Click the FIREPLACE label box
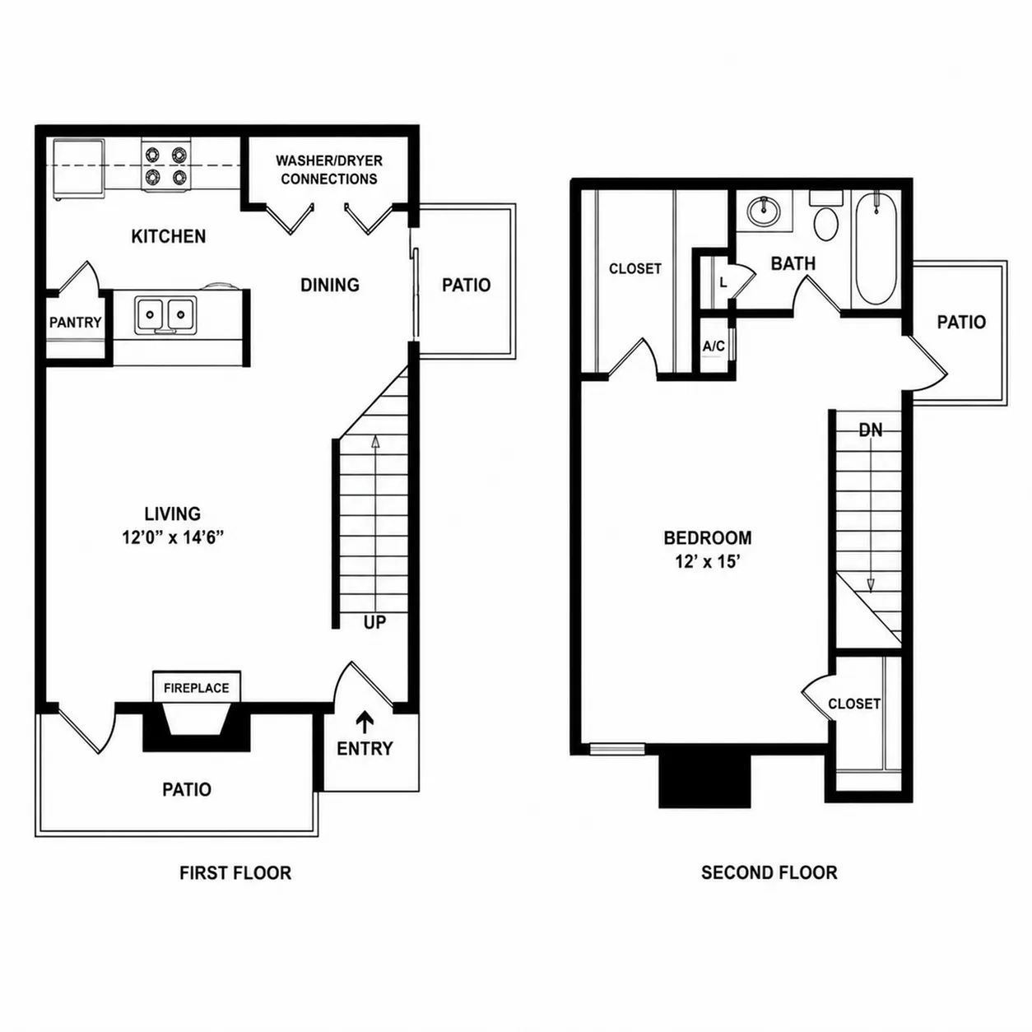[197, 686]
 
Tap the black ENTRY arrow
[365, 721]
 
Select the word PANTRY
[76, 322]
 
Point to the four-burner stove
[166, 165]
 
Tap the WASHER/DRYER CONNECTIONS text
[329, 170]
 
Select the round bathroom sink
[765, 212]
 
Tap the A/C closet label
[714, 346]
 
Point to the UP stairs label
[374, 622]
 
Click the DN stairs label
[870, 430]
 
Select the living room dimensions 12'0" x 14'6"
[173, 537]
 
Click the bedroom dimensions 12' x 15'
[708, 562]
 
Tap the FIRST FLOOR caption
[235, 873]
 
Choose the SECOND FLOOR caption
[769, 872]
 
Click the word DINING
[330, 285]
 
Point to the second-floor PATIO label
[961, 322]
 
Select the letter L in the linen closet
[723, 283]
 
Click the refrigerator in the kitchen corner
[79, 169]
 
